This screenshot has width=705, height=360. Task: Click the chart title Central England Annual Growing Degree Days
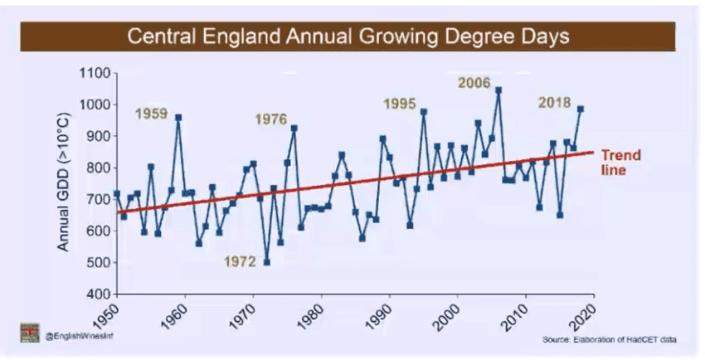point(347,37)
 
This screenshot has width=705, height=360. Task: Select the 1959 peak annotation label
point(152,114)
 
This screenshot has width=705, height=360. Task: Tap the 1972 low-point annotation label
point(241,262)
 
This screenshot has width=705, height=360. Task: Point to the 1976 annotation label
point(270,119)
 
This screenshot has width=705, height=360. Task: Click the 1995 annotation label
point(399,104)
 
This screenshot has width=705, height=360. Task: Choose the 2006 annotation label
point(474,83)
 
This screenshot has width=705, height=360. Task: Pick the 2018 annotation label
point(554,103)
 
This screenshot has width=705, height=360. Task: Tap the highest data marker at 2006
point(498,90)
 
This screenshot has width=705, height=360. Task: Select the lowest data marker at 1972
point(267,262)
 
